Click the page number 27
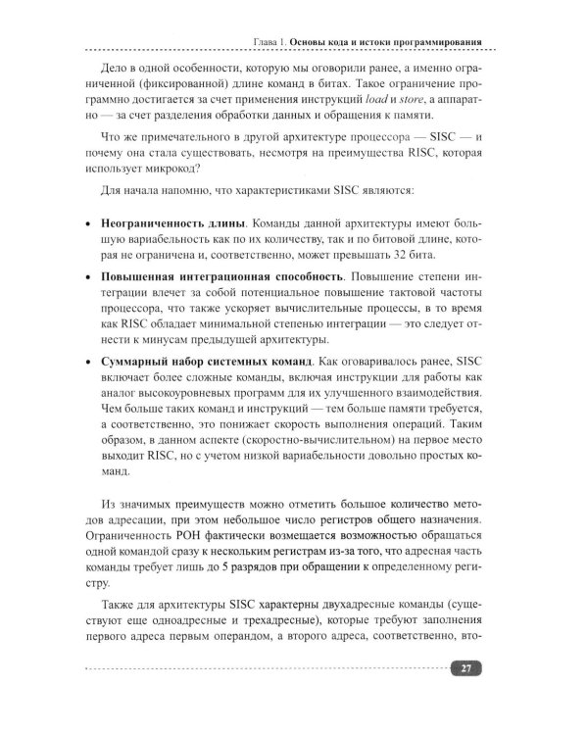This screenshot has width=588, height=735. coord(465,668)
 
